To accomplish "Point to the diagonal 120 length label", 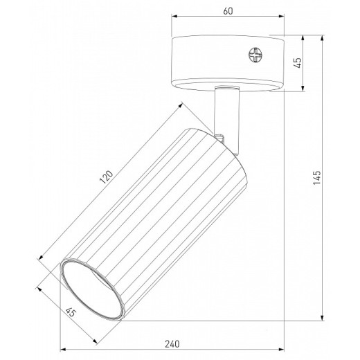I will pos(106,179).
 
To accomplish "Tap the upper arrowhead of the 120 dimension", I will pos(181,105).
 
